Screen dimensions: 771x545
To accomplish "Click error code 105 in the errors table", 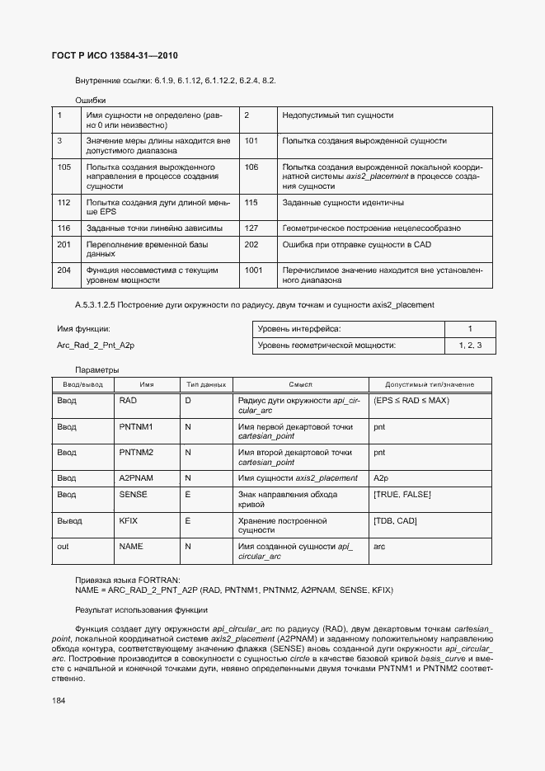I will pos(63,167).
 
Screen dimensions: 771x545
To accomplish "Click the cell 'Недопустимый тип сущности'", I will pos(337,116).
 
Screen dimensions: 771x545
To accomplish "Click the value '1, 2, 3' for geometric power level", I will pos(469,346).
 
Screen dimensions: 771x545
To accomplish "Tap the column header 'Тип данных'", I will pos(206,385).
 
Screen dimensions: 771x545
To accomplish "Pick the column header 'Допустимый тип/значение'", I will pos(430,385).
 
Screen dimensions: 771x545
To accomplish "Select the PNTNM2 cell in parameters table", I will pos(136,453).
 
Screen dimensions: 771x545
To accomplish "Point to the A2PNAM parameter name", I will pos(137,478).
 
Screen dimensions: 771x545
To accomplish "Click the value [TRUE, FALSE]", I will pos(402,495).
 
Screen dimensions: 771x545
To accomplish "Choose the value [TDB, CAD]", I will pos(396,521).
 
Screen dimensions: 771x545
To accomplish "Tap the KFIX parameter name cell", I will pos(129,521).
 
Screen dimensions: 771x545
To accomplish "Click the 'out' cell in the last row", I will pos(63,547).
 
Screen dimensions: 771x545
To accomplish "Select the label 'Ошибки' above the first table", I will pos(90,100).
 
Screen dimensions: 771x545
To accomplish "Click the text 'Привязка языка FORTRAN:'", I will pos(127,581).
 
